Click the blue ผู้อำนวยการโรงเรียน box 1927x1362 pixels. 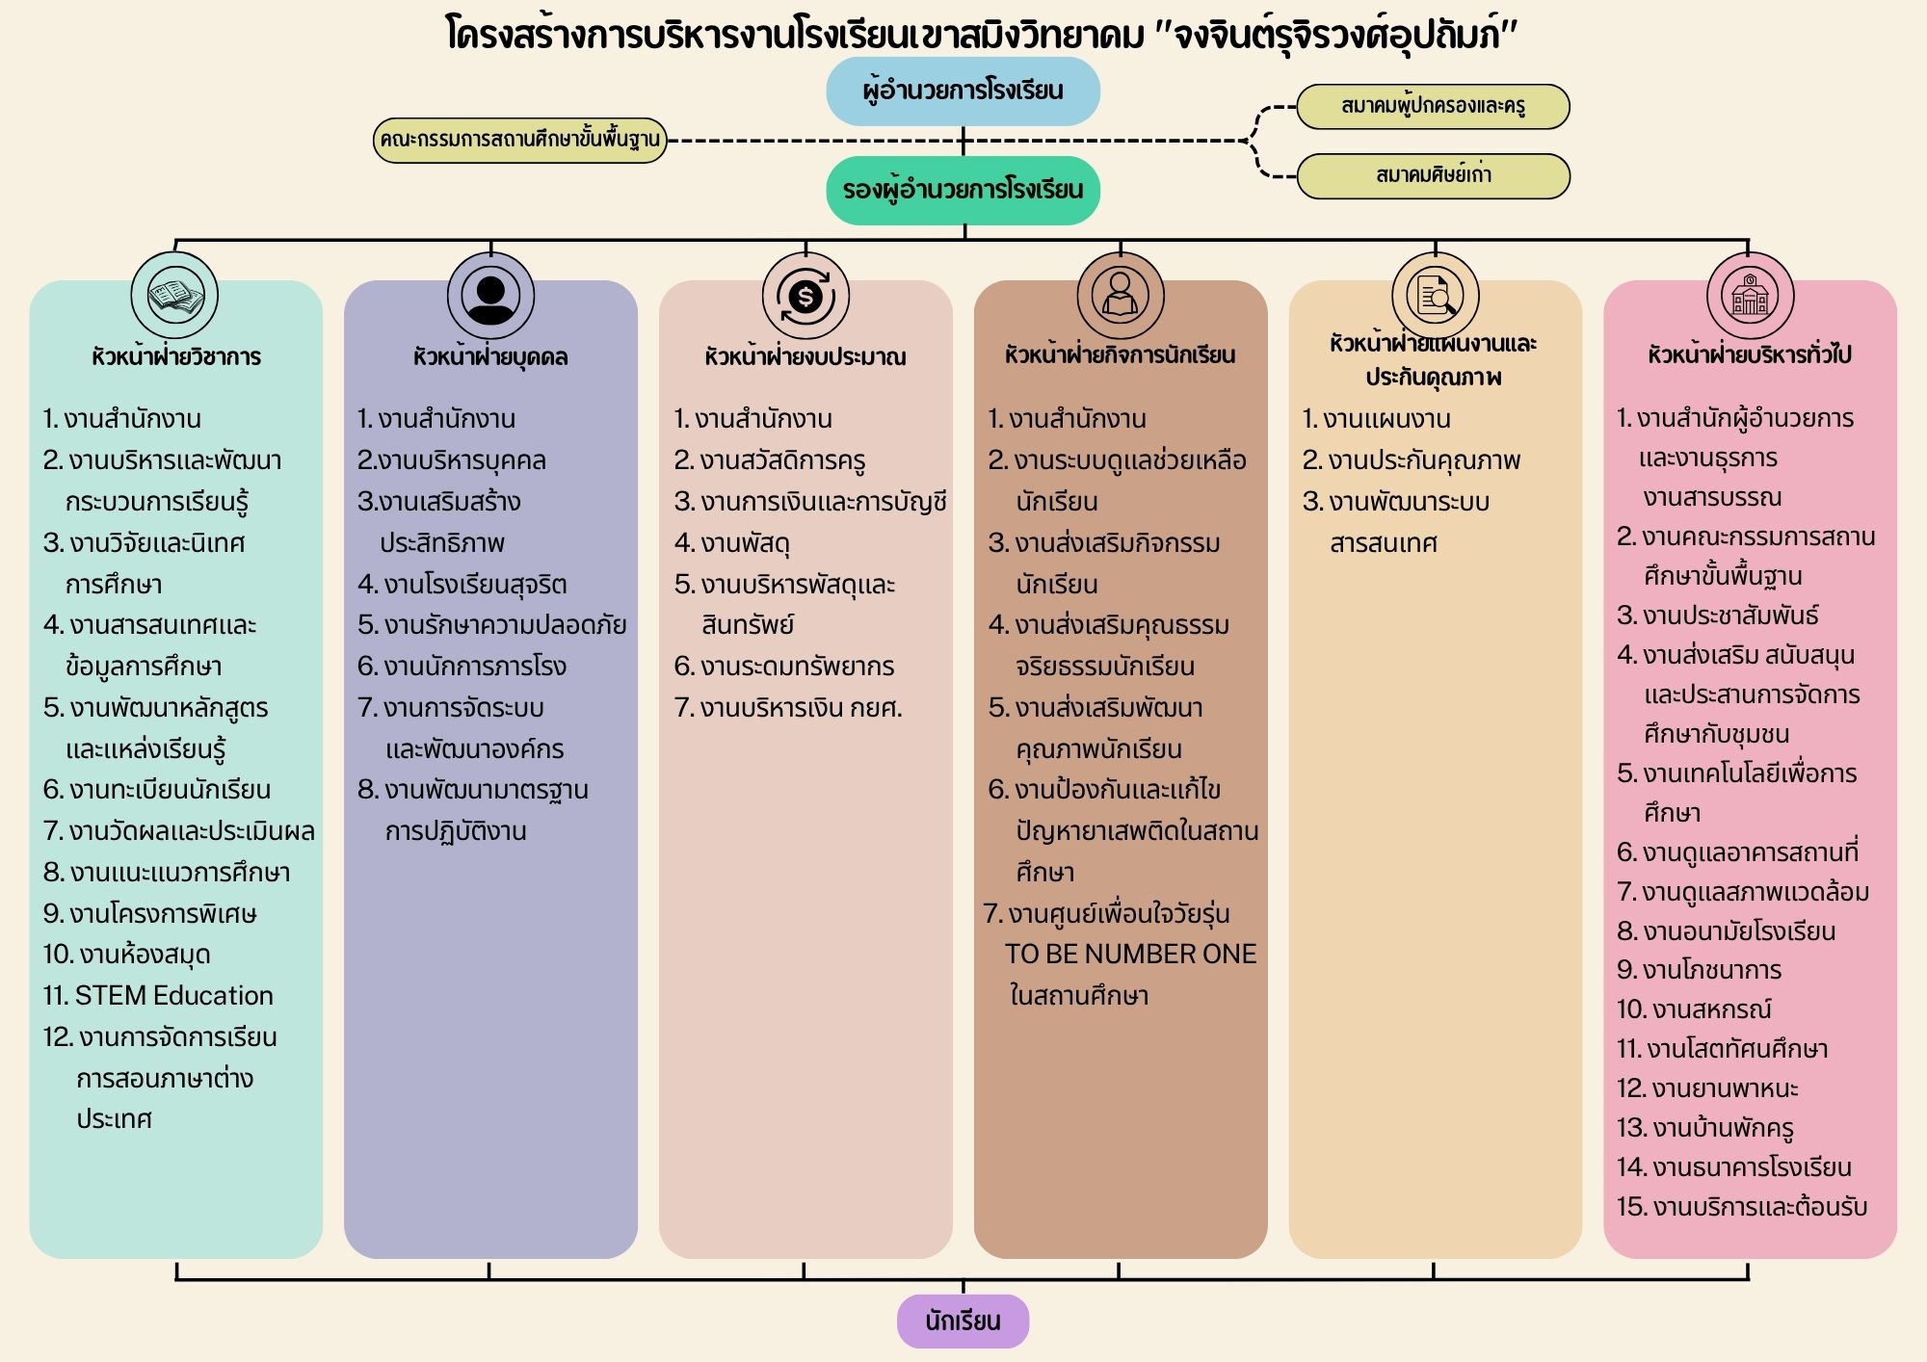click(x=963, y=92)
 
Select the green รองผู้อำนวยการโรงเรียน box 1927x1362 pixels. click(x=963, y=190)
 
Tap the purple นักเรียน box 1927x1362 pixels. click(x=963, y=1321)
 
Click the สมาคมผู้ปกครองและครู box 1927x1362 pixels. click(x=1433, y=106)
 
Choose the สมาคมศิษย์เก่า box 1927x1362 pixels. click(x=1433, y=175)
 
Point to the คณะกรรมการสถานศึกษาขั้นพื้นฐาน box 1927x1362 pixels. click(x=520, y=140)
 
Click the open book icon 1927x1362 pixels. click(x=175, y=296)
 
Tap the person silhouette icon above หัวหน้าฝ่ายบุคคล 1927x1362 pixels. click(x=490, y=296)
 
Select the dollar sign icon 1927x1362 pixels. click(x=805, y=296)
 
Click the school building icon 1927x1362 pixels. click(x=1750, y=296)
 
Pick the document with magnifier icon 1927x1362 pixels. click(x=1435, y=296)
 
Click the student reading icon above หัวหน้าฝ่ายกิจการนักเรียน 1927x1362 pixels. click(x=1120, y=296)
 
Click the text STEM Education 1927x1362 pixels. click(x=158, y=995)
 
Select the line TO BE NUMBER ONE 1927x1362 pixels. click(x=1130, y=954)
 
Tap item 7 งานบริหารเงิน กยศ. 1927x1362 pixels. click(x=788, y=708)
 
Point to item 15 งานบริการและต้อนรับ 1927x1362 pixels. click(x=1742, y=1207)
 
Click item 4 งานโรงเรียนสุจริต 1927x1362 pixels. click(x=462, y=585)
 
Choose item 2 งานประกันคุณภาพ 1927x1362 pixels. click(x=1411, y=460)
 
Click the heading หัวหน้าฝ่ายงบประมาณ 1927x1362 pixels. click(x=805, y=356)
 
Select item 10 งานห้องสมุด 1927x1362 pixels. click(x=126, y=955)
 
